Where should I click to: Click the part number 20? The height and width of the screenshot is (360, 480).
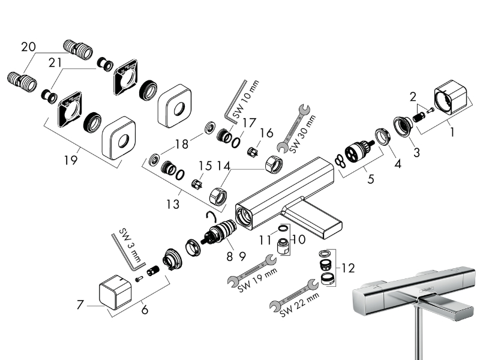28,47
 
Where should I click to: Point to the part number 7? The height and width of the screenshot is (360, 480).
80,305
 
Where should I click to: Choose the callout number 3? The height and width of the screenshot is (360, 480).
416,152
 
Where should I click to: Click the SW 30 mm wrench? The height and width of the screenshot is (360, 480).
292,130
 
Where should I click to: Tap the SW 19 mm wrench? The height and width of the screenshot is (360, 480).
250,270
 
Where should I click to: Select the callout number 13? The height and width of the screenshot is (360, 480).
173,204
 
